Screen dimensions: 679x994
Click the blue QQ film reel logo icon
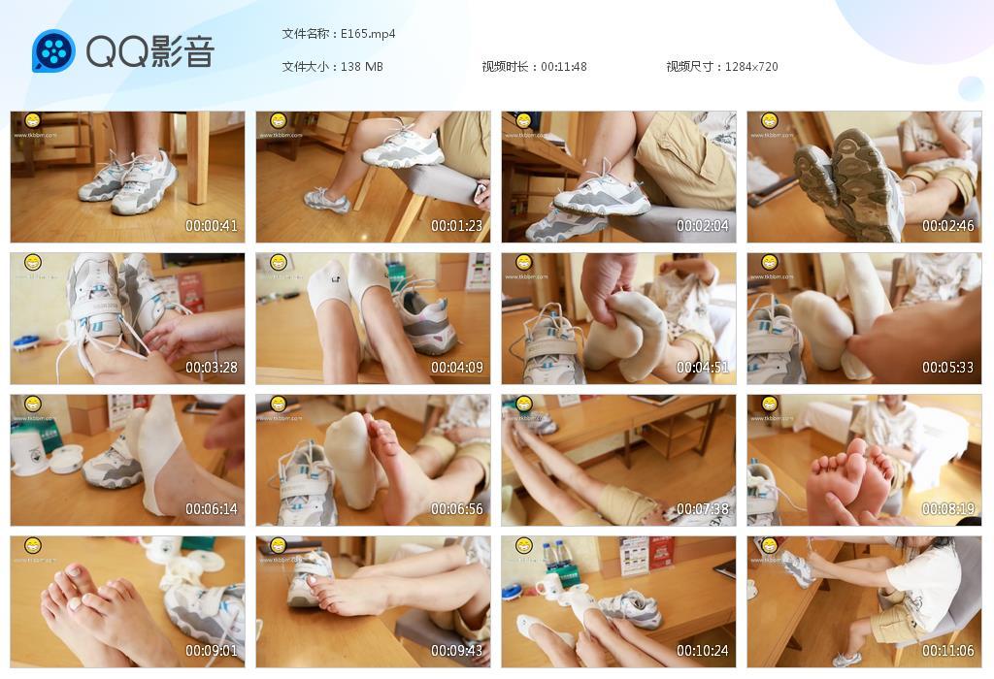click(53, 51)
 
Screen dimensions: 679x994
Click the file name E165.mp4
click(368, 34)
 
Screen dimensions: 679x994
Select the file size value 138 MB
click(362, 67)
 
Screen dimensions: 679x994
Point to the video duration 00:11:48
click(564, 67)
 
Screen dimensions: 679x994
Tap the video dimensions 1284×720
click(751, 67)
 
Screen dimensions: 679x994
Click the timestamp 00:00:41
click(212, 226)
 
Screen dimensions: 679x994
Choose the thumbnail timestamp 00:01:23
click(457, 226)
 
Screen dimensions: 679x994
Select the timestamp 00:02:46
click(948, 226)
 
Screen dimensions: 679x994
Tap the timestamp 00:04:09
click(457, 368)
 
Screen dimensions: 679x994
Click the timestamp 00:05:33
click(948, 368)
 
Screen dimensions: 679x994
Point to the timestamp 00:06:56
click(457, 509)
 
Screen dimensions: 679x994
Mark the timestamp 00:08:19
click(948, 509)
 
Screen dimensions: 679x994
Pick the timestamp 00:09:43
click(457, 651)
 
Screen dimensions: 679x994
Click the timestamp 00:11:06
click(948, 651)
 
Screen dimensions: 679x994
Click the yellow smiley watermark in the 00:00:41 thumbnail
click(33, 121)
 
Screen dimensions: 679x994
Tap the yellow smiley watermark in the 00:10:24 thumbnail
click(524, 546)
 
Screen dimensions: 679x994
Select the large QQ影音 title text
click(150, 51)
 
